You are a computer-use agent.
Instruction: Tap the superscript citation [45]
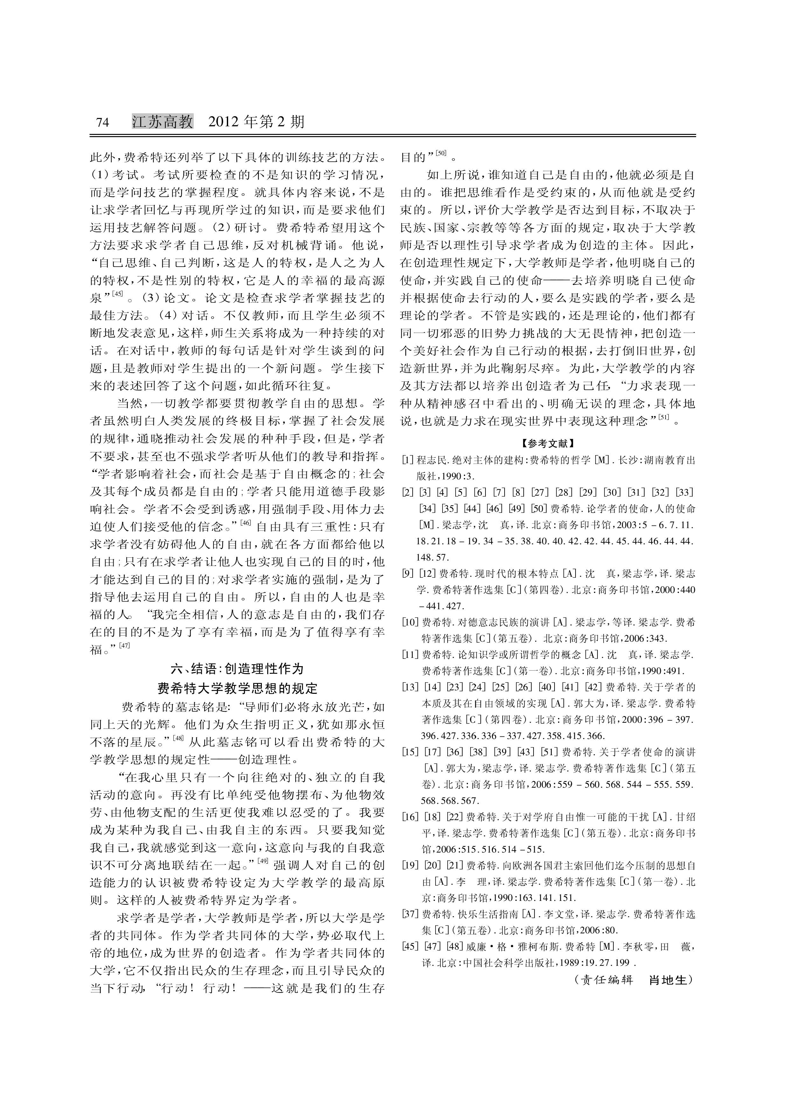click(x=118, y=293)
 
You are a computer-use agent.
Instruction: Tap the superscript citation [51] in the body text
click(x=664, y=416)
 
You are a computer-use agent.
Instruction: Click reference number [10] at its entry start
click(x=410, y=622)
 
